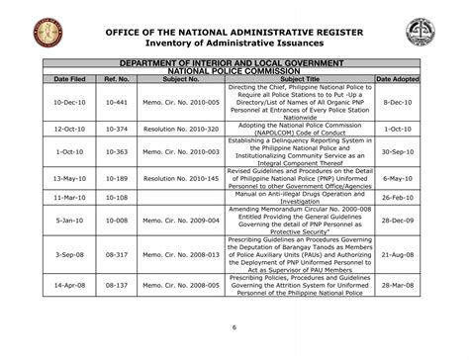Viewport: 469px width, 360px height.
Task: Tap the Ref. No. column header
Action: click(118, 77)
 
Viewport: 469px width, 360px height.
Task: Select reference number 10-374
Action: click(118, 130)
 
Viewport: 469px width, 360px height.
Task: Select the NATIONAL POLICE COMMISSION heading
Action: click(234, 69)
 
